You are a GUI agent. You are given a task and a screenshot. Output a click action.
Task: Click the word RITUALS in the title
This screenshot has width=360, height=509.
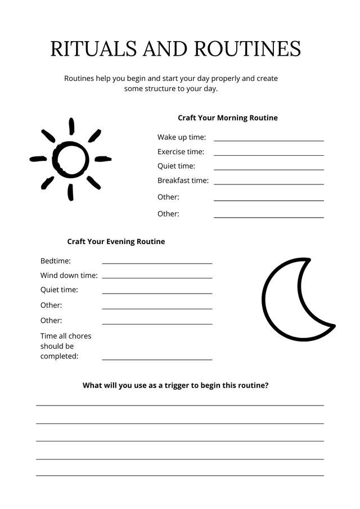(94, 49)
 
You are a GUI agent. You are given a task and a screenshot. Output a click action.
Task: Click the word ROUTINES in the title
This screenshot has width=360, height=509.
(247, 49)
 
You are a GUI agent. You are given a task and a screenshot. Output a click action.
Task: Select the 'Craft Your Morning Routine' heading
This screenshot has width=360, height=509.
(228, 118)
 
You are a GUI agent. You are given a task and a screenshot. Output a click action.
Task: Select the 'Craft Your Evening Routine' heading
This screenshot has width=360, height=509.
(116, 241)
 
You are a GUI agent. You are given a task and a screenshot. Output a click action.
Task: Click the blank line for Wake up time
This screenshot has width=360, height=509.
(268, 141)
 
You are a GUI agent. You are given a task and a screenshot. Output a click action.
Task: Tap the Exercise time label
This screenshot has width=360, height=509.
(181, 152)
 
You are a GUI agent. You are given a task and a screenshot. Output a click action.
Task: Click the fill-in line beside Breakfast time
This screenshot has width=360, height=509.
(268, 184)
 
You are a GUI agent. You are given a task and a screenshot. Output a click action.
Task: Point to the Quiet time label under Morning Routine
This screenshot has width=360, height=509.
(176, 166)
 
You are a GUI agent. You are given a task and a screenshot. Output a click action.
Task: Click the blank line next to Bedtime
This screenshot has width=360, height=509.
(157, 263)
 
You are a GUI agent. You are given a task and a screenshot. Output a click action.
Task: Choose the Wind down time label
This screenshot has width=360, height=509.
(69, 276)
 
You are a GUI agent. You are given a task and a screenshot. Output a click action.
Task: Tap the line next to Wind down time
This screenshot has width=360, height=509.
(157, 278)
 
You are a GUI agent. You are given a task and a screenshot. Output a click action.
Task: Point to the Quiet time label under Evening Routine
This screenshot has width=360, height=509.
(59, 290)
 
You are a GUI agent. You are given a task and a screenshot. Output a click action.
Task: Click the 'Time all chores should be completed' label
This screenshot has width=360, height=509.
(65, 346)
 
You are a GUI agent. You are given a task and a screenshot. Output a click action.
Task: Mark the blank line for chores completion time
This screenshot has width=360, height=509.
(157, 359)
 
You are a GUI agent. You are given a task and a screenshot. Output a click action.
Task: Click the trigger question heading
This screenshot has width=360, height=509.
(175, 386)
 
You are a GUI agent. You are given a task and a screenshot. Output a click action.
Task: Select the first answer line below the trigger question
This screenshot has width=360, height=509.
(180, 405)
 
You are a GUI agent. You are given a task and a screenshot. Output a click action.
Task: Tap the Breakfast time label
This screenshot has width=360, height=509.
(183, 181)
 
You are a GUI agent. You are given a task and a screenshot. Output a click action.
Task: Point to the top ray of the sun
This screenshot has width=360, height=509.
(71, 126)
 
